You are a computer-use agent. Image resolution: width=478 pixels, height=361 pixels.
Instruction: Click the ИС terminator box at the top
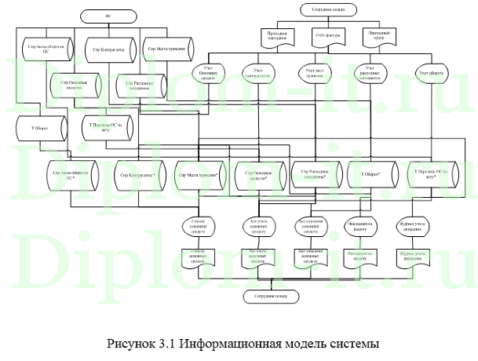(x=108, y=16)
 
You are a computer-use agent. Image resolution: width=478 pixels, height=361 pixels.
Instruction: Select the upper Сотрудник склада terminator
(x=327, y=9)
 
